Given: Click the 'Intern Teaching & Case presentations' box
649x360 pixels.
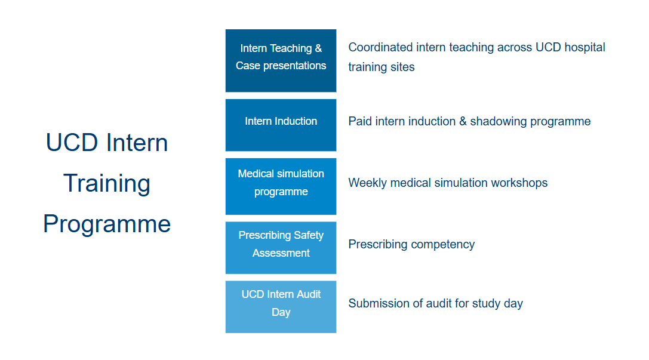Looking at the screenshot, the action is (281, 60).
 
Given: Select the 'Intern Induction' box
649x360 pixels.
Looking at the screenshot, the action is (281, 125).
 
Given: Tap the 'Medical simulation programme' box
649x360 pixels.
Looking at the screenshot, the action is (281, 186).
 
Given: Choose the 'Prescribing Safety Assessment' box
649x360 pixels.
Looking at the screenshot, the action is (281, 247).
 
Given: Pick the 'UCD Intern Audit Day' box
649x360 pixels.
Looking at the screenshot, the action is (281, 307).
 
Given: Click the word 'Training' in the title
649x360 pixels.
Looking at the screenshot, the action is (107, 184).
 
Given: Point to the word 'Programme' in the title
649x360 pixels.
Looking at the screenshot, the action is (107, 224).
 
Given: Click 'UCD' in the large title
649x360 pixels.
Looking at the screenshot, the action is (72, 143).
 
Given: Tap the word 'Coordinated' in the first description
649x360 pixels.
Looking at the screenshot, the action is (380, 47).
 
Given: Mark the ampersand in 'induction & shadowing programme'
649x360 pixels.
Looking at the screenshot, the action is (463, 121).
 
